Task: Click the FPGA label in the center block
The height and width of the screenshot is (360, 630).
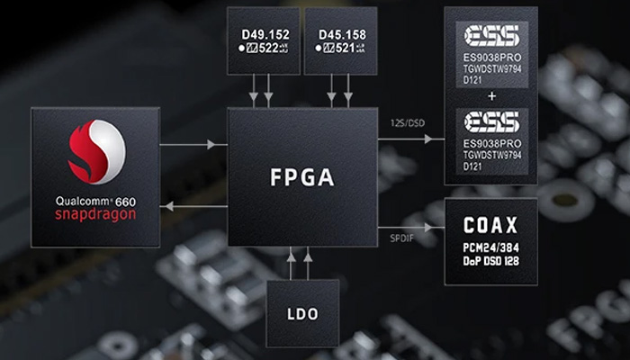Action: (301, 177)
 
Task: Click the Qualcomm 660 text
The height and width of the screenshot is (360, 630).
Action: (94, 201)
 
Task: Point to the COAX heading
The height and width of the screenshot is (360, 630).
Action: (490, 224)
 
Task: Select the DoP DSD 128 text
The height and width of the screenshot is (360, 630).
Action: (490, 261)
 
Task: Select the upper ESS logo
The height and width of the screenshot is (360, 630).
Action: (490, 34)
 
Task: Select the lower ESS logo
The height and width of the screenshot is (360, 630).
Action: (490, 121)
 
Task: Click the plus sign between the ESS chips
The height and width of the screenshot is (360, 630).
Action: (490, 94)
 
